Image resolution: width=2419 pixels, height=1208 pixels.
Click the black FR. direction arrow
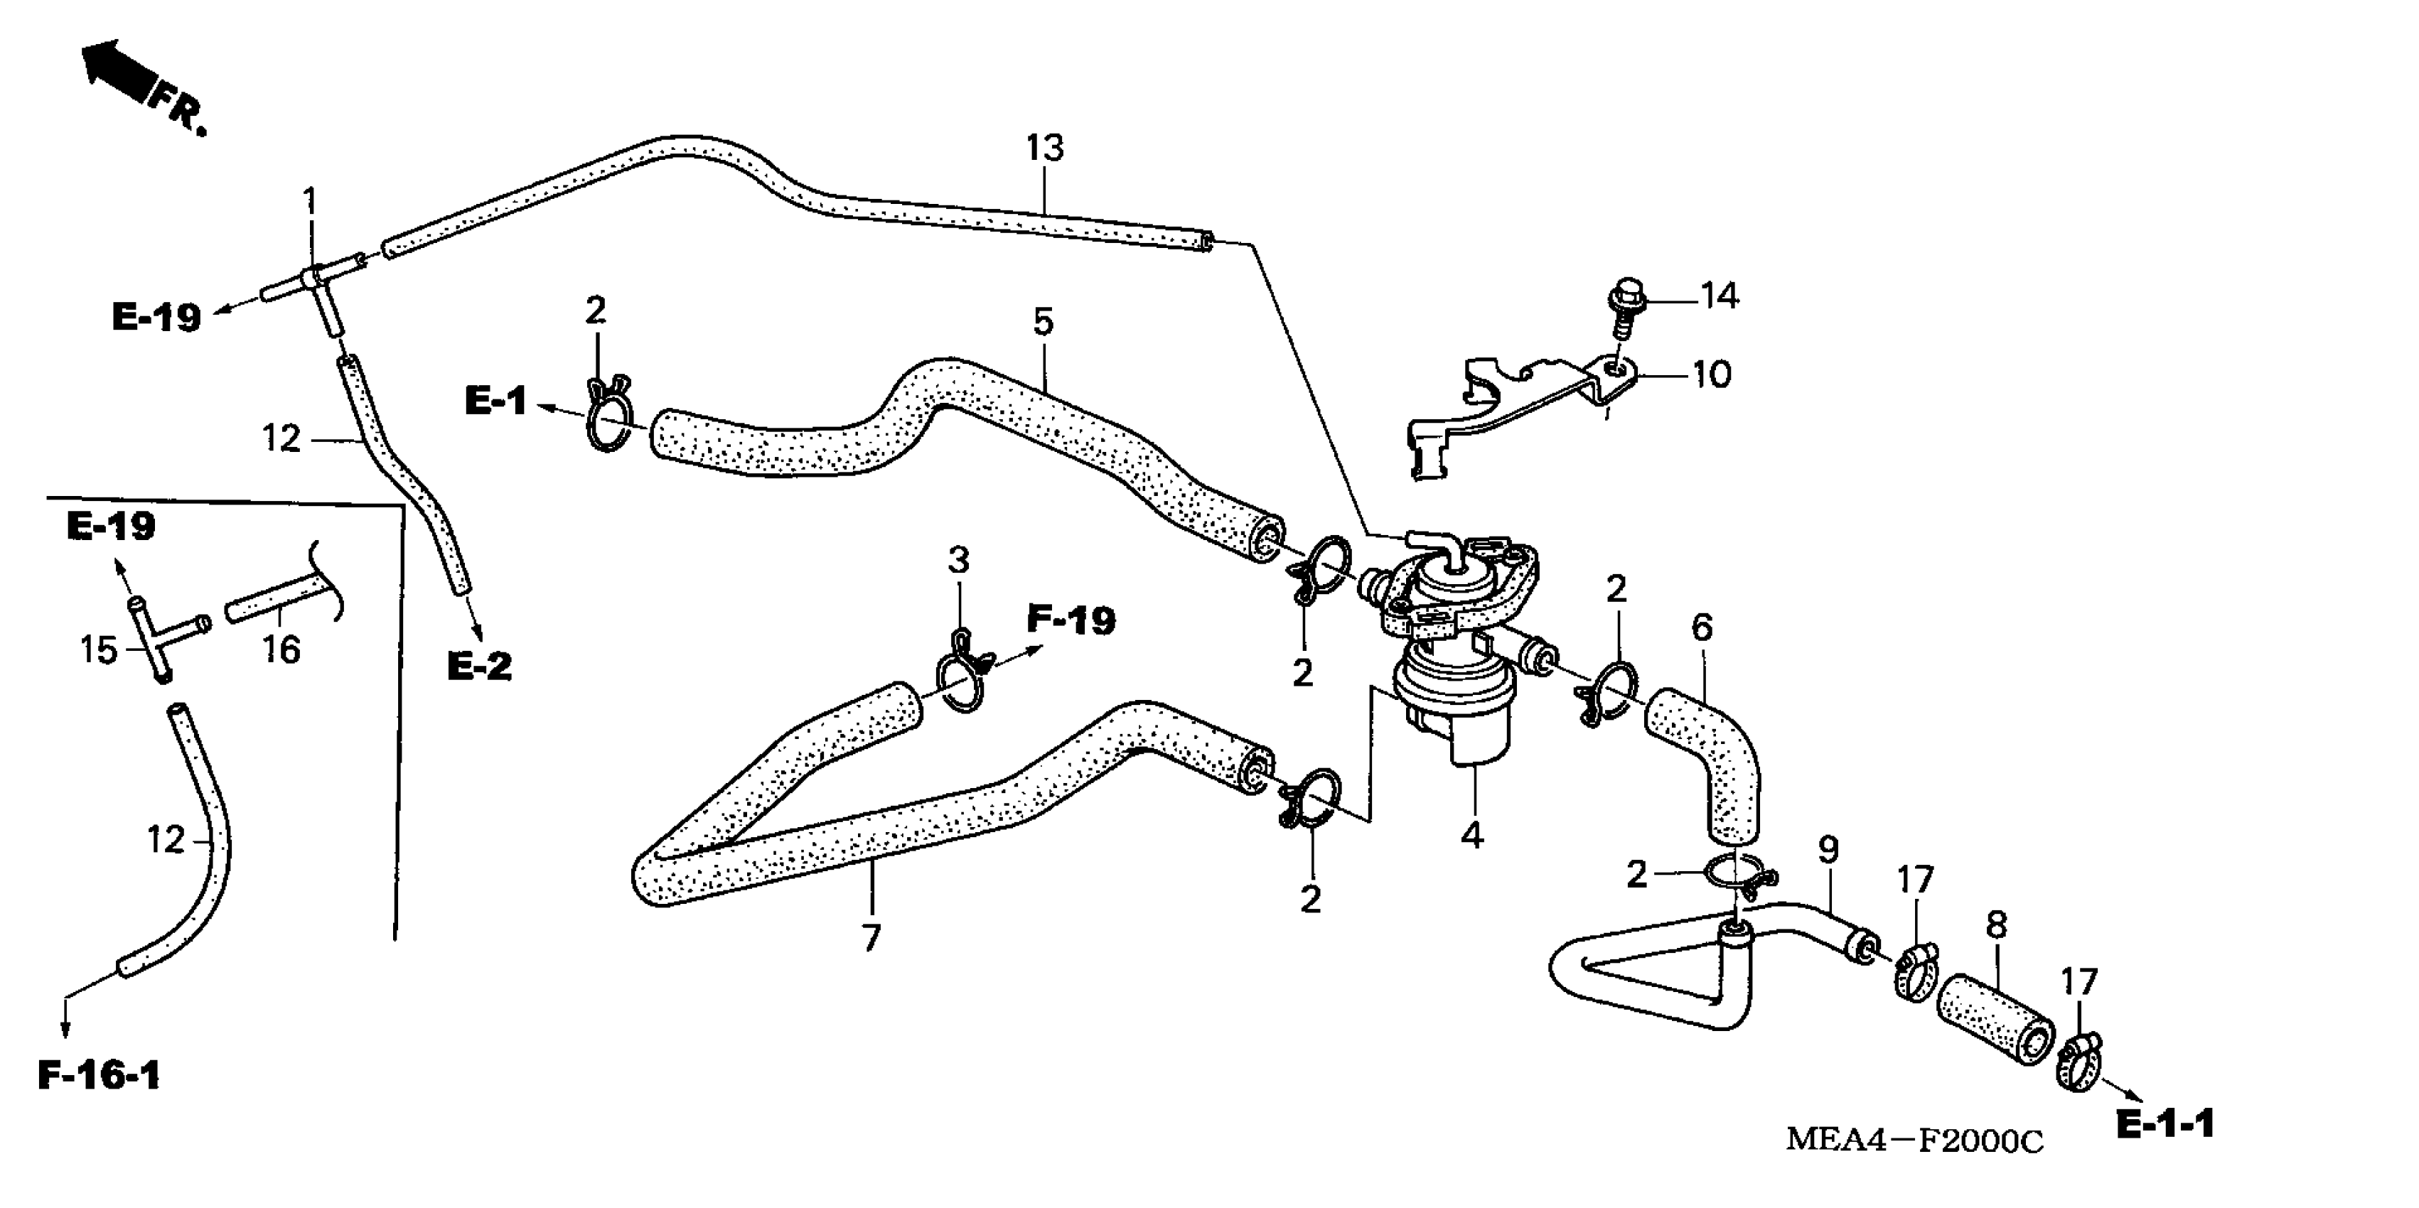click(x=117, y=68)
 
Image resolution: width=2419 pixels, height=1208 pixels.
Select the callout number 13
click(x=1044, y=149)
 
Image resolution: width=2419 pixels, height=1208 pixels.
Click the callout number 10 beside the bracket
click(x=1711, y=375)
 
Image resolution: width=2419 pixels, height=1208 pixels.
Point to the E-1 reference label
click(x=496, y=401)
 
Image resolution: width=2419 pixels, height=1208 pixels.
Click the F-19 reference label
click(x=1071, y=620)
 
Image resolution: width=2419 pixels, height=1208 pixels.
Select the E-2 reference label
click(x=479, y=667)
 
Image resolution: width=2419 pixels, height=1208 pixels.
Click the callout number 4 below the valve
click(x=1471, y=834)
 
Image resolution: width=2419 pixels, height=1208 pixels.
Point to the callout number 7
click(x=871, y=937)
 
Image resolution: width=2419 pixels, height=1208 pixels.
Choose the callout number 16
click(x=281, y=649)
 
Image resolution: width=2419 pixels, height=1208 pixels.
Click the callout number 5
click(x=1044, y=322)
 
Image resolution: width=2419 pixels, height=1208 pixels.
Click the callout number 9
click(x=1828, y=851)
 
